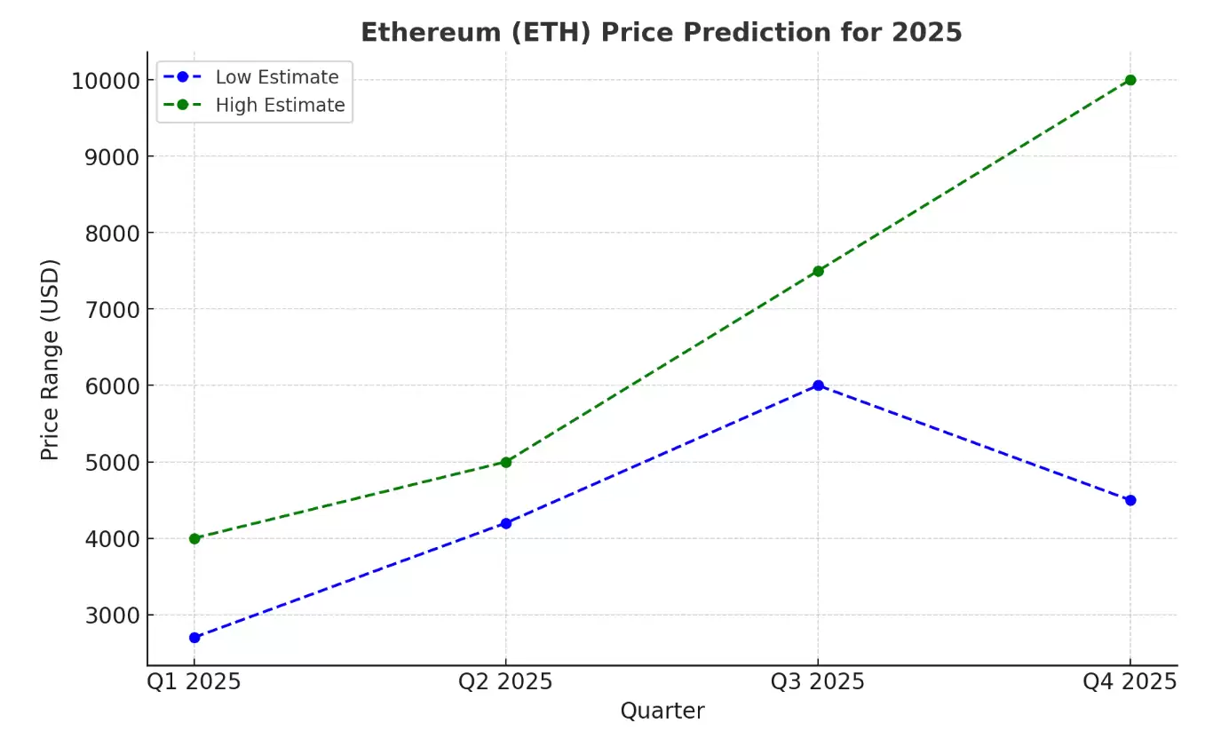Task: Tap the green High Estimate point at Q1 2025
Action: pos(194,538)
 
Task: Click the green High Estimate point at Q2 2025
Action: pos(506,462)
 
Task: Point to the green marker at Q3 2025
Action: pos(818,271)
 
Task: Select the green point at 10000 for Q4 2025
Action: pos(1130,80)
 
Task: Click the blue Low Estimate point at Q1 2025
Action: pos(194,638)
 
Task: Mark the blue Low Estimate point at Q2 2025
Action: pos(506,523)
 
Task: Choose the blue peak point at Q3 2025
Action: pos(818,385)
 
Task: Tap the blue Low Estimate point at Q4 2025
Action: pos(1130,500)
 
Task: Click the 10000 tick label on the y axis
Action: pos(106,81)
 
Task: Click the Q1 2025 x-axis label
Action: pos(194,682)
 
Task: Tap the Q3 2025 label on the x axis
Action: pos(818,682)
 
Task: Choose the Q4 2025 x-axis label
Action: pos(1130,682)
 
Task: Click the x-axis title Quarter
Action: pos(662,711)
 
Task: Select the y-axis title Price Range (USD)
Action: pos(50,360)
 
